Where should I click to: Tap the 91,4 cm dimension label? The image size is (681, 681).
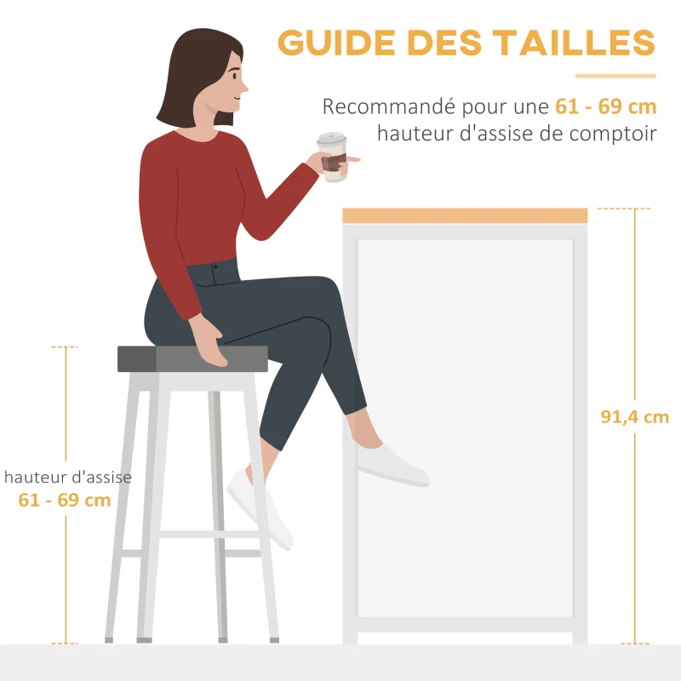(634, 417)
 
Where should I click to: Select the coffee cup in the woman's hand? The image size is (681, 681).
(333, 157)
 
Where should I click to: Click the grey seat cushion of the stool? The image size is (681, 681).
(192, 359)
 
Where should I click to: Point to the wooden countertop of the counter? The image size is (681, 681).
(465, 215)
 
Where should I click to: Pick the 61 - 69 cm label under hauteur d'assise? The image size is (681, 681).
(65, 500)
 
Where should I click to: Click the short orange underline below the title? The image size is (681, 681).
(615, 76)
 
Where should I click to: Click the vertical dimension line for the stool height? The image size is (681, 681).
(66, 409)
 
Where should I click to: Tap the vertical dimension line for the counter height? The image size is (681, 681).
(634, 323)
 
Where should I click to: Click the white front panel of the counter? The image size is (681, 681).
(465, 426)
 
